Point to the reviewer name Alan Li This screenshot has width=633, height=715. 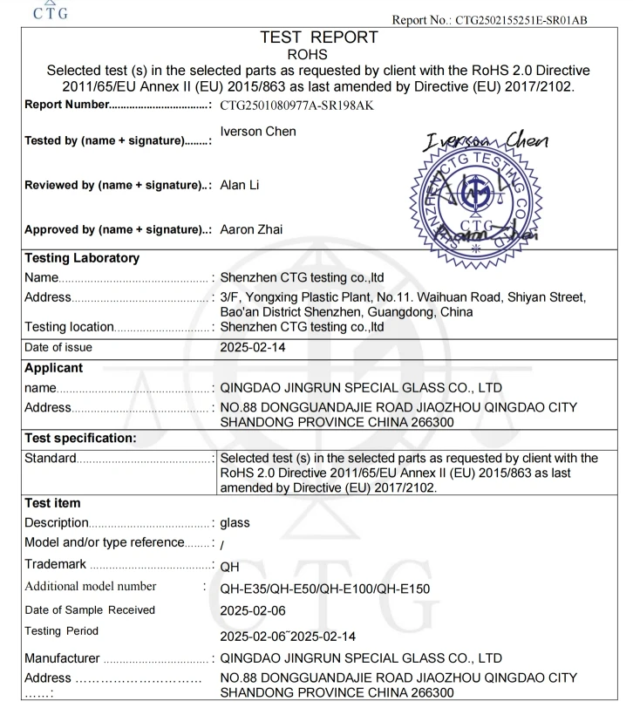tap(239, 186)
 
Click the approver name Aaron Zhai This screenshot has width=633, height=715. tap(253, 229)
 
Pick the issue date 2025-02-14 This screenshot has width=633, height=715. tap(255, 347)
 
